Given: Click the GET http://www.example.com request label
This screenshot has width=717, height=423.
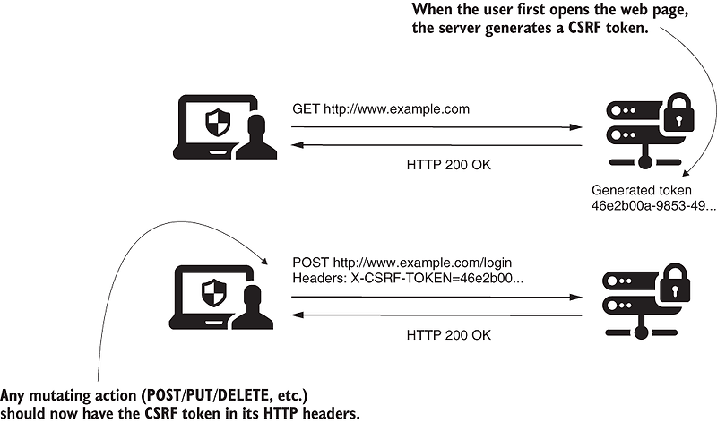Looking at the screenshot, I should [381, 109].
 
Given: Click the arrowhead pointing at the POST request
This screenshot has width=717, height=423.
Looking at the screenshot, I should [268, 261].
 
